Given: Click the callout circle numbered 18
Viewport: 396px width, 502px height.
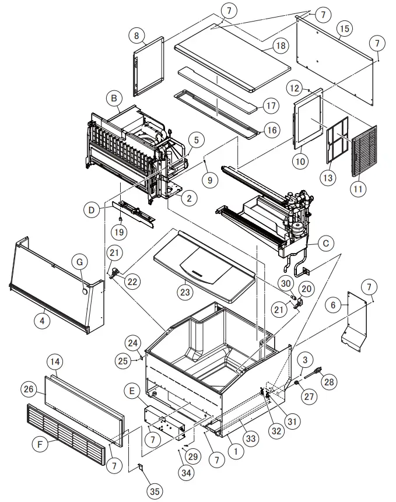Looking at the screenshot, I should (x=281, y=45).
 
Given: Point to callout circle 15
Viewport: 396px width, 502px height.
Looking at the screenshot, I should (x=345, y=27).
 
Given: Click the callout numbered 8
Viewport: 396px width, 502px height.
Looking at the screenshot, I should (x=138, y=36).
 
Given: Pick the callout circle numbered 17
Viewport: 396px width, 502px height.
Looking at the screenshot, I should (x=270, y=107).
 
